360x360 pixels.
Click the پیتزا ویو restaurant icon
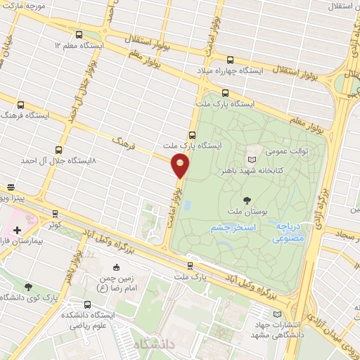[x=11, y=189]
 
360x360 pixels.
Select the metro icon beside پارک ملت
[x=191, y=266]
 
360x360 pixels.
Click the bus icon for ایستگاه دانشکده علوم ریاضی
[x=87, y=304]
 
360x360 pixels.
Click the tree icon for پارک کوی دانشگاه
[x=28, y=286]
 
